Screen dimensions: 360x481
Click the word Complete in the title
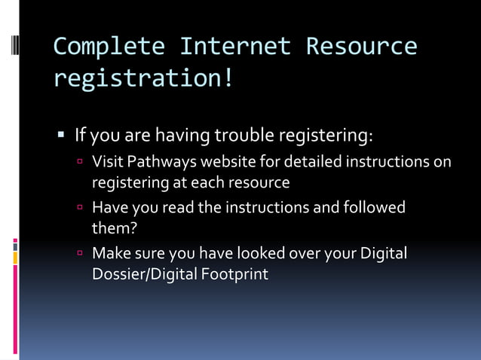click(109, 47)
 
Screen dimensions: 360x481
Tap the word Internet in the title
click(235, 47)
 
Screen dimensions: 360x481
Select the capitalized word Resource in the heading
click(361, 47)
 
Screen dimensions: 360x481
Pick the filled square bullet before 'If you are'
click(62, 136)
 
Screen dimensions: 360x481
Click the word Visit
click(107, 161)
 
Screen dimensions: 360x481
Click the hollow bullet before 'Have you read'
click(80, 207)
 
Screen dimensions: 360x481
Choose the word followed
click(375, 207)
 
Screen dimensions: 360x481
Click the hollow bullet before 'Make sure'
click(80, 253)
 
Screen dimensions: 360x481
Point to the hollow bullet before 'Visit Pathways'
click(80, 161)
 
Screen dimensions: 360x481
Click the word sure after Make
click(151, 253)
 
